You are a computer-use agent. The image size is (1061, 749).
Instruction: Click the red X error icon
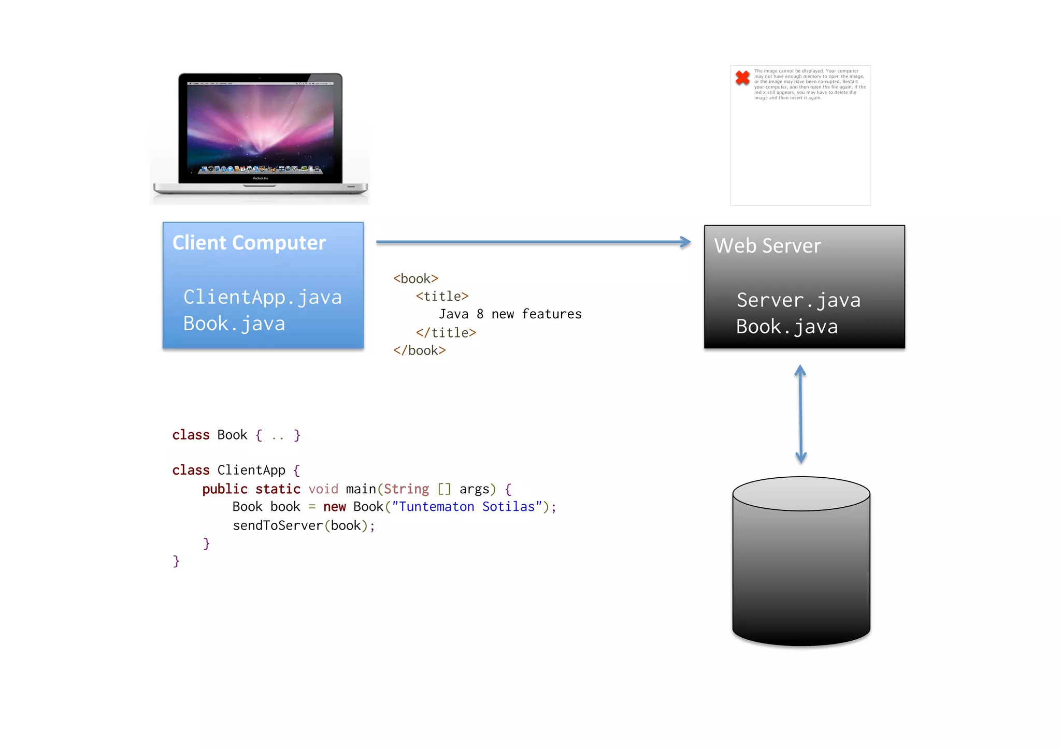click(742, 78)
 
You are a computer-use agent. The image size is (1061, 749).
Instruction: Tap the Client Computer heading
click(249, 243)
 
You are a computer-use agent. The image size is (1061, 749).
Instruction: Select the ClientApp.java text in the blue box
click(262, 297)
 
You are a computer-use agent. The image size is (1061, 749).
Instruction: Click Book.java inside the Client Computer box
click(234, 324)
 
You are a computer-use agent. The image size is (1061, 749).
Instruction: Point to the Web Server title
click(767, 246)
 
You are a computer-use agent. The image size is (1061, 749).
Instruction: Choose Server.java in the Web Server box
click(798, 300)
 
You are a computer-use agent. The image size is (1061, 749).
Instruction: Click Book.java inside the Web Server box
click(786, 327)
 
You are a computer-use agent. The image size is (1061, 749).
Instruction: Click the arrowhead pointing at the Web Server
click(686, 242)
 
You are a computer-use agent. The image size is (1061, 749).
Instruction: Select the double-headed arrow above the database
click(800, 414)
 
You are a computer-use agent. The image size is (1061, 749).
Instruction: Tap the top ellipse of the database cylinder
click(801, 493)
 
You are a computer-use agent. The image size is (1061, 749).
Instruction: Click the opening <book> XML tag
click(415, 278)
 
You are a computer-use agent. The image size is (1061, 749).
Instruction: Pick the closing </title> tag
click(446, 333)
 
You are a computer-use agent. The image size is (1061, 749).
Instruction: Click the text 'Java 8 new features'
click(510, 314)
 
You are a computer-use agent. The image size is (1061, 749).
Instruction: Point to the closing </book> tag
click(419, 350)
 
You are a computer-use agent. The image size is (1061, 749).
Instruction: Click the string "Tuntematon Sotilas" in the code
click(466, 507)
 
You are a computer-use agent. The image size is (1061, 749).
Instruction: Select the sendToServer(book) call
click(303, 525)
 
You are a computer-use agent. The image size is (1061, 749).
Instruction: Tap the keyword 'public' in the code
click(225, 489)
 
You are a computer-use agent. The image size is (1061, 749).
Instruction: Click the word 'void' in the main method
click(323, 489)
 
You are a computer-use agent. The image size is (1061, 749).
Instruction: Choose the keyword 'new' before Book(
click(334, 507)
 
